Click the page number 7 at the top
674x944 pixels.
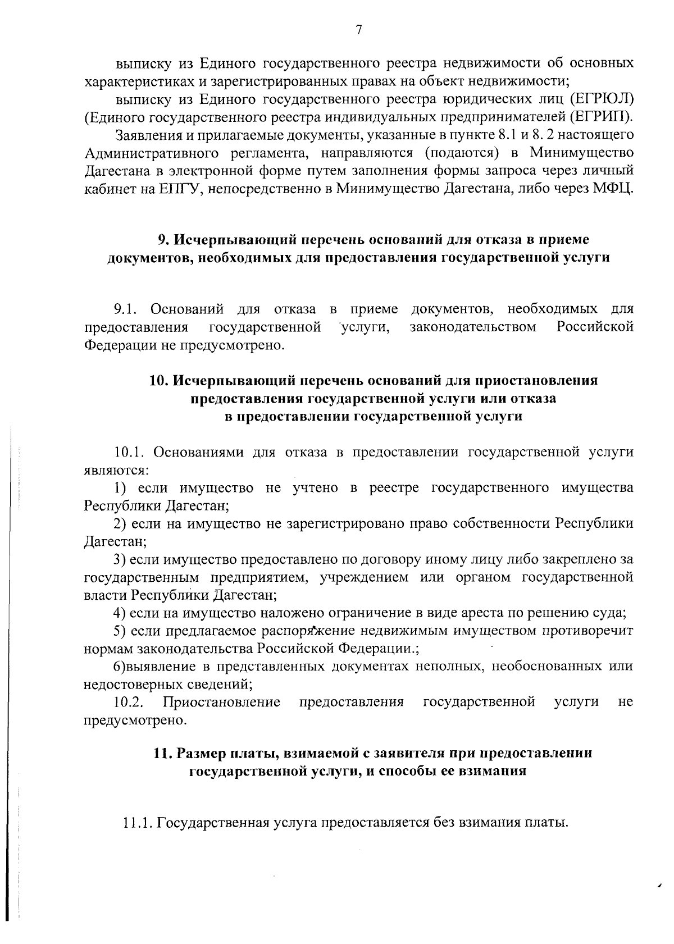click(x=358, y=30)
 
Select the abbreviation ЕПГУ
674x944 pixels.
click(x=180, y=188)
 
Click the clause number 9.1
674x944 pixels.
click(x=126, y=309)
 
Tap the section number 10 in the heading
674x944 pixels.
click(x=157, y=380)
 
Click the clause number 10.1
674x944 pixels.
click(x=130, y=452)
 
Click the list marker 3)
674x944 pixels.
click(x=120, y=559)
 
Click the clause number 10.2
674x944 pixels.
click(x=128, y=702)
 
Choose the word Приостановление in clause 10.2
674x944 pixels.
click(x=221, y=702)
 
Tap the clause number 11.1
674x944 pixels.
click(x=138, y=823)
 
